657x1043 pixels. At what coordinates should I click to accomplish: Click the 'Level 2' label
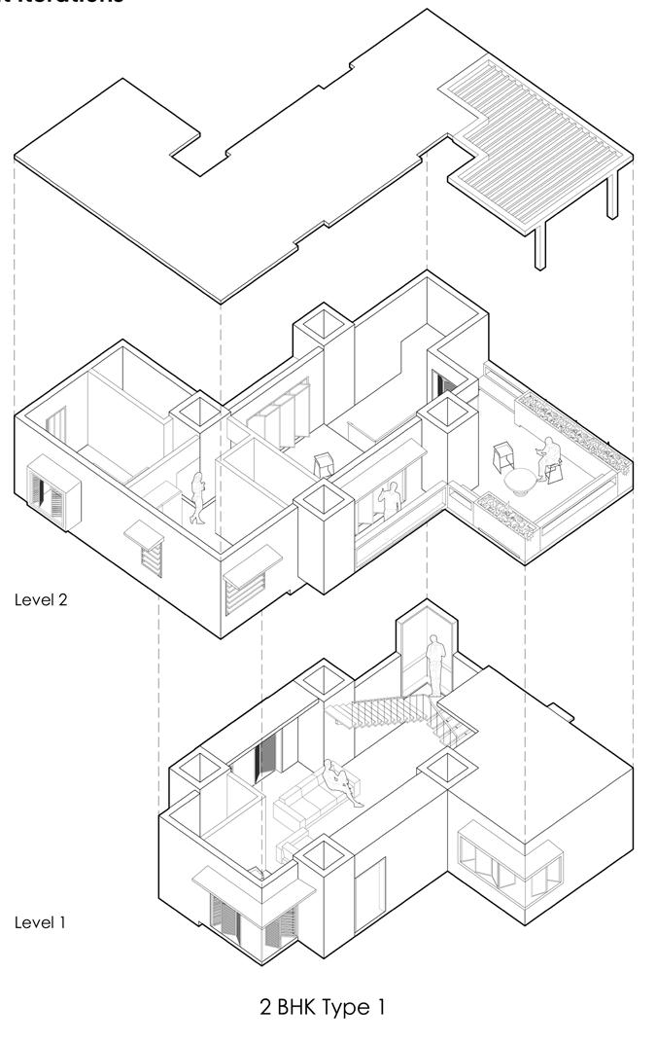click(x=41, y=599)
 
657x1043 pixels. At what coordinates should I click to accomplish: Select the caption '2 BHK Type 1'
click(x=322, y=1007)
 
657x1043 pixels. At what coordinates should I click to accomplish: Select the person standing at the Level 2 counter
click(x=391, y=499)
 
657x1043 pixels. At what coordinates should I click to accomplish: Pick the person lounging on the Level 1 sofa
click(x=341, y=782)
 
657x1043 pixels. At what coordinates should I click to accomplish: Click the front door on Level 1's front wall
click(x=369, y=889)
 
